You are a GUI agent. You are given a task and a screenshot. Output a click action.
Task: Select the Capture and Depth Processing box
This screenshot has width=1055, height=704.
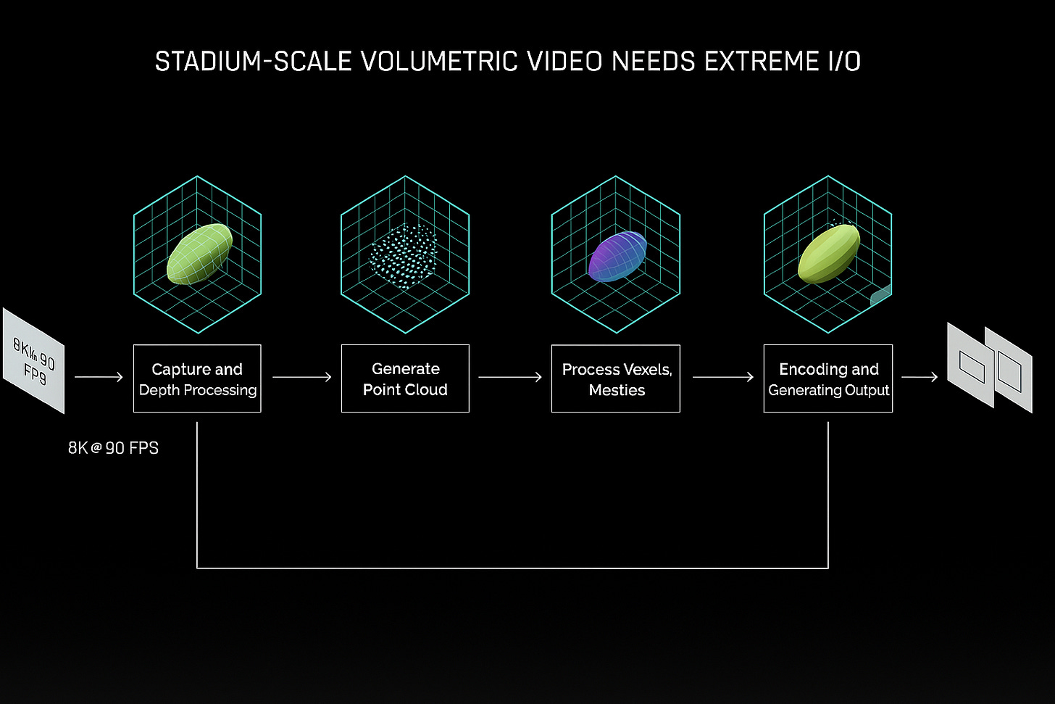point(197,378)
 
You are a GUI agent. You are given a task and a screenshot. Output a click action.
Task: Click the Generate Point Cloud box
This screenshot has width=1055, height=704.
point(405,378)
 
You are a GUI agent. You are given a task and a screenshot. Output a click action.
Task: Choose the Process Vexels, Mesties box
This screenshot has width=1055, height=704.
point(616,378)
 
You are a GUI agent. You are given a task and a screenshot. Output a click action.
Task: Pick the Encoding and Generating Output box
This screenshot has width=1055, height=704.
point(828,378)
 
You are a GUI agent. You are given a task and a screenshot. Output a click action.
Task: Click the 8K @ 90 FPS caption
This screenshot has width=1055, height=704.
point(113,448)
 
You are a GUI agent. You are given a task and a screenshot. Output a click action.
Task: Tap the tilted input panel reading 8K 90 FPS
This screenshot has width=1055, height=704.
point(34,360)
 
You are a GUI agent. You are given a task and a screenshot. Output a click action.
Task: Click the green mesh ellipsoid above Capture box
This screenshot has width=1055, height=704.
point(199,253)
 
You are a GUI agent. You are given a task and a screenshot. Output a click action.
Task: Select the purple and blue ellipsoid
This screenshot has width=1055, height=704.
point(617,256)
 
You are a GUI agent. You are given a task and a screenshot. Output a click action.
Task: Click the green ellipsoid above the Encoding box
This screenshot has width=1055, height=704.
point(828,254)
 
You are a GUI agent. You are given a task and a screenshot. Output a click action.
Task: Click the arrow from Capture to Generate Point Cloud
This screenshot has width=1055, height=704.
point(301,377)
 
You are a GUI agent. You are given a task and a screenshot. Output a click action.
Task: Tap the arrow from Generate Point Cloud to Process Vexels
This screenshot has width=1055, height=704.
point(510,377)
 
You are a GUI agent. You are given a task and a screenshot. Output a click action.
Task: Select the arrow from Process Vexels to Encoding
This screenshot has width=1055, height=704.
point(722,377)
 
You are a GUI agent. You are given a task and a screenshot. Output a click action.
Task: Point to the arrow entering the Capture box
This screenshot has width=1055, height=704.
point(99,377)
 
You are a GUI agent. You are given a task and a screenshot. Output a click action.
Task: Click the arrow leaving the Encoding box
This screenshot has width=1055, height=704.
point(919,377)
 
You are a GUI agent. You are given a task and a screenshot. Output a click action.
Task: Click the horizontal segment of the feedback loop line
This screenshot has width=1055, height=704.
point(512,568)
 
